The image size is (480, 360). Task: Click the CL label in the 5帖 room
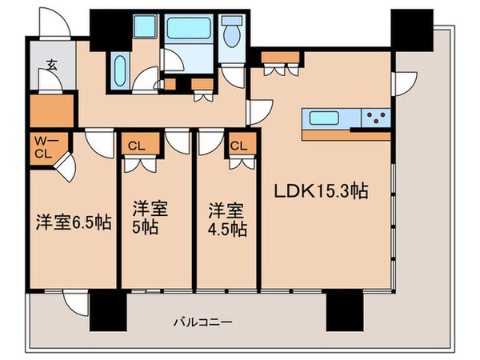(133, 146)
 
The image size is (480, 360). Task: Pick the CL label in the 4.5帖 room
(239, 146)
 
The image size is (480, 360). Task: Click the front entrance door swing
(50, 20)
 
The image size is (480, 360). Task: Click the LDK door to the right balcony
(405, 81)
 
